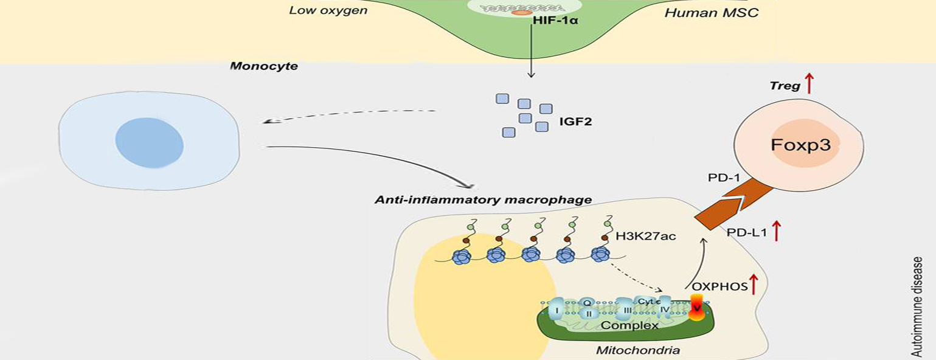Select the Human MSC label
pyautogui.click(x=712, y=12)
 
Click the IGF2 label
pyautogui.click(x=575, y=122)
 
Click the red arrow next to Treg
pyautogui.click(x=808, y=83)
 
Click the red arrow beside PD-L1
pyautogui.click(x=776, y=231)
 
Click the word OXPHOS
pyautogui.click(x=719, y=286)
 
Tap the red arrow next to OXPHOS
pyautogui.click(x=754, y=283)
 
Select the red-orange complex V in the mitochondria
pyautogui.click(x=696, y=308)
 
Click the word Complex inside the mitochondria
pyautogui.click(x=629, y=325)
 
